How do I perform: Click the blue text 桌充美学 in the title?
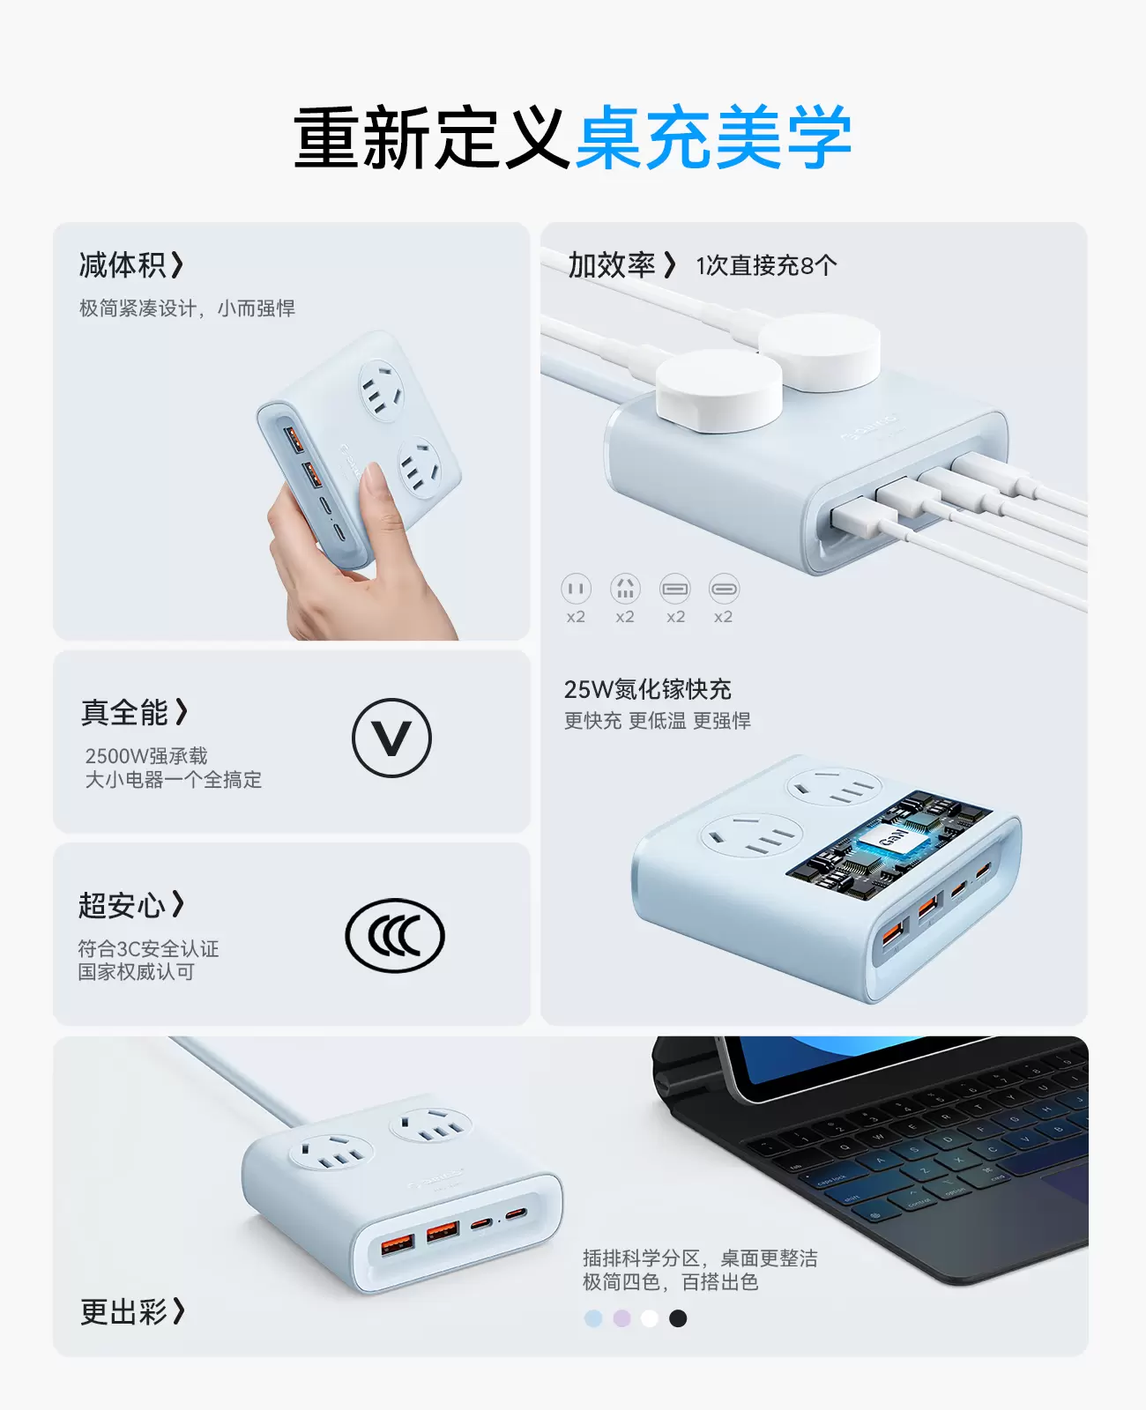point(714,137)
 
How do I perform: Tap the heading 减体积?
point(123,264)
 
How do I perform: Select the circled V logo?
point(392,738)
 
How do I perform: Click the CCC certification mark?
point(395,935)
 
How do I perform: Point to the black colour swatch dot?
point(677,1318)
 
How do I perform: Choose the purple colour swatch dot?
point(621,1318)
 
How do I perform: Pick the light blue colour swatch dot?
point(593,1318)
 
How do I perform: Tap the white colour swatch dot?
point(650,1318)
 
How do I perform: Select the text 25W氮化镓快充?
point(647,689)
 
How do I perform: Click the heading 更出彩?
point(123,1312)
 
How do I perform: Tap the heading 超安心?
point(122,906)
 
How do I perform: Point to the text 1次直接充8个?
point(766,265)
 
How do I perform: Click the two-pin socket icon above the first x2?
point(576,588)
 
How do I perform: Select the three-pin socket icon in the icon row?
point(625,588)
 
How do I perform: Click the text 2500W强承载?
point(146,756)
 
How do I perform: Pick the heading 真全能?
point(124,713)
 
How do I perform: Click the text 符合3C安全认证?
point(148,948)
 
